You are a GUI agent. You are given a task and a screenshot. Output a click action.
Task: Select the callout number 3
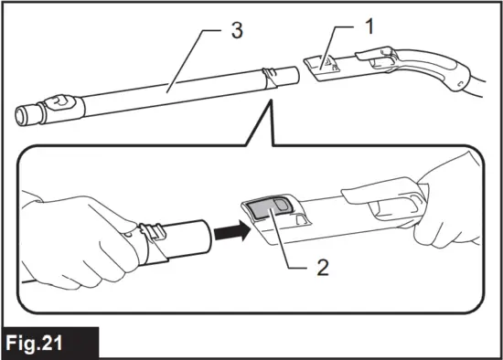pos(237,31)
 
